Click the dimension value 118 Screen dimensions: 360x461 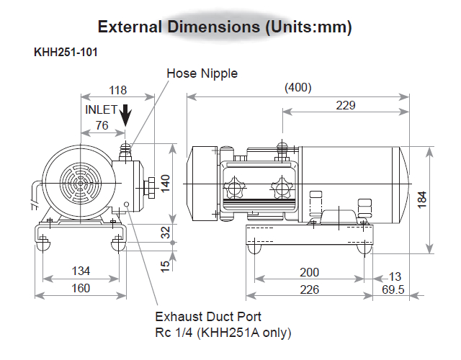[117, 90]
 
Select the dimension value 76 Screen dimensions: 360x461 [102, 125]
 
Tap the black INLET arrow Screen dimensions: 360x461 [126, 114]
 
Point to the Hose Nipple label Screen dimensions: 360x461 [202, 73]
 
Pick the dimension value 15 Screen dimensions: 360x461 [166, 265]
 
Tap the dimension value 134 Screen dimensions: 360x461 [81, 271]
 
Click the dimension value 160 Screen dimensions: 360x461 [81, 288]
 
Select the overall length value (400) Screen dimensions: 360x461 [297, 88]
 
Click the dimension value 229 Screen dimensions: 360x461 [346, 105]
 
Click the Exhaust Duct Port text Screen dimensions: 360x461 [208, 316]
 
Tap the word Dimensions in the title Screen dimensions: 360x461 [213, 28]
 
